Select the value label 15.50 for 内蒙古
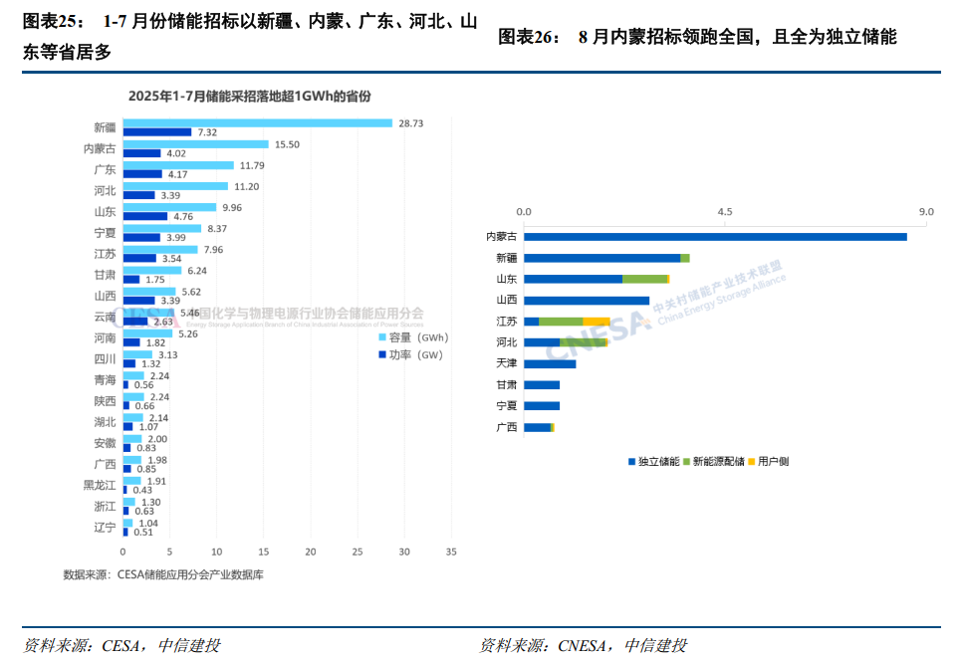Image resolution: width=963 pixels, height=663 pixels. [x=287, y=144]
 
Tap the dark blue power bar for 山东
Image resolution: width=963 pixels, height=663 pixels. [x=145, y=216]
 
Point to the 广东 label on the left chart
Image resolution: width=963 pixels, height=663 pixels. [x=105, y=169]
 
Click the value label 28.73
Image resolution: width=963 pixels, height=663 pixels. [x=411, y=123]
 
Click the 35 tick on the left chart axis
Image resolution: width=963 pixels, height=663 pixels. [x=451, y=552]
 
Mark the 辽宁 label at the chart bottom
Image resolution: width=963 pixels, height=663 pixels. [x=105, y=528]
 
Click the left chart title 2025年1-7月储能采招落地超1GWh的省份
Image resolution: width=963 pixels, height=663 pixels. [x=249, y=96]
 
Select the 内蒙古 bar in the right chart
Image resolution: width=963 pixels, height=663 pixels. [x=715, y=236]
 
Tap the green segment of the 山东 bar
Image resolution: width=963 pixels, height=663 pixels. [x=644, y=279]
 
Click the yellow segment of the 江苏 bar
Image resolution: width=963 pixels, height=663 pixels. [x=597, y=322]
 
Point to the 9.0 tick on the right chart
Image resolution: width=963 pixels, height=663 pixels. [x=926, y=212]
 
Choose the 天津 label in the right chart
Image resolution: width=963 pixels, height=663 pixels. [x=507, y=363]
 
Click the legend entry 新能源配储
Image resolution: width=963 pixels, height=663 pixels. [x=714, y=461]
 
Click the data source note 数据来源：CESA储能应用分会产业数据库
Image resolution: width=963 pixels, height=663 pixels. [x=162, y=574]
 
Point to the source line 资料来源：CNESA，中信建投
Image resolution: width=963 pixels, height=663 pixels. [x=583, y=645]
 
